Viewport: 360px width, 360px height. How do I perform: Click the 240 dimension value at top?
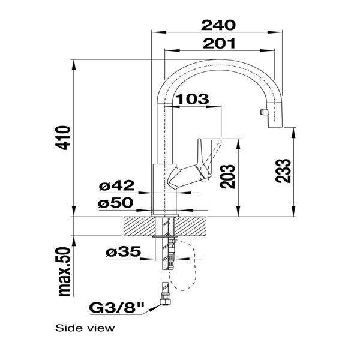[x=217, y=25]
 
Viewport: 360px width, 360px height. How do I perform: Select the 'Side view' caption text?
[x=85, y=328]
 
